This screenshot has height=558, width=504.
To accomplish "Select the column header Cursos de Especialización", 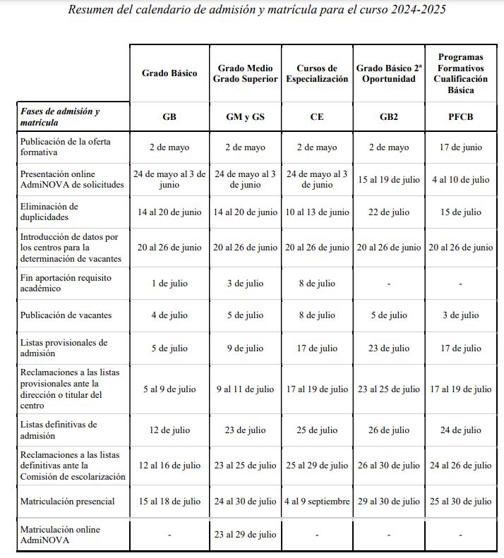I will point(317,73).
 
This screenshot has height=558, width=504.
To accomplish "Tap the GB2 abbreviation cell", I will point(390,116).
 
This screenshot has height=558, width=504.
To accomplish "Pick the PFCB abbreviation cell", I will point(460,116).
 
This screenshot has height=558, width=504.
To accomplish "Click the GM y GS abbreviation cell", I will point(245,116).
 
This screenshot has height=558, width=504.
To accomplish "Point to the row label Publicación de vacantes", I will point(66,315).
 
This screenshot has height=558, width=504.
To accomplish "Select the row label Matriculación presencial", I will point(68,502).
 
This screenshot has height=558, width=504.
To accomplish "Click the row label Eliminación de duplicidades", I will point(49,212).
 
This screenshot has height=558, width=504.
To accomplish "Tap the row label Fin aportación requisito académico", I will point(66,283).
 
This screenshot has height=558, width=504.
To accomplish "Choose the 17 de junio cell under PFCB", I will point(460,147).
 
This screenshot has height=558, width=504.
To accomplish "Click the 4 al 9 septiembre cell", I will point(317,502).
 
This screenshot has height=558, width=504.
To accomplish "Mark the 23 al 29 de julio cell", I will point(245,535).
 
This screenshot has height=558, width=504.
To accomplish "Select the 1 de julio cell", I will point(169,283).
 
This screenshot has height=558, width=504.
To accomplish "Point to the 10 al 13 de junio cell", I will point(317,212).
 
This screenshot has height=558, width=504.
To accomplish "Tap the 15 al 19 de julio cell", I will point(390,180).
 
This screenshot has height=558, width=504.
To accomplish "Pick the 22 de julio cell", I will point(390,212).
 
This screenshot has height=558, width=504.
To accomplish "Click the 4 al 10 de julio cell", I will point(460,180).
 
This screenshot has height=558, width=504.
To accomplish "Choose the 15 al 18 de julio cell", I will point(169,502).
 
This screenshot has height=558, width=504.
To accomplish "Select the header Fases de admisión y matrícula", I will point(60,116).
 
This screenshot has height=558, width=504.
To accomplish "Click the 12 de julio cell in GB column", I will point(169,430).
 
